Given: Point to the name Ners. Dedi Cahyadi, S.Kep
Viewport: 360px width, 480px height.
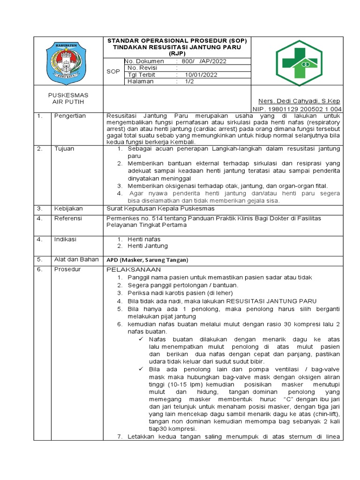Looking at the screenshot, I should click(300, 101).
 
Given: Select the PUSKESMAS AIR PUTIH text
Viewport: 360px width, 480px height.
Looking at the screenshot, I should click(69, 98).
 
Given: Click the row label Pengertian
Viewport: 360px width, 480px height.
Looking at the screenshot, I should click(70, 116).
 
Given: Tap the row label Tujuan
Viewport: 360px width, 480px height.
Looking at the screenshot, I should click(64, 149).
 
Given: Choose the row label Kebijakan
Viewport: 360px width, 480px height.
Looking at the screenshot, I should click(68, 208).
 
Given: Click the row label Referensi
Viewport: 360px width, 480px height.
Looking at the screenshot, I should click(68, 218).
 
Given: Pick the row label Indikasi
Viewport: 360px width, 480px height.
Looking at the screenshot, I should click(65, 239).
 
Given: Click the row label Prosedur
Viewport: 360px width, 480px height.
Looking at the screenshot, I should click(67, 270).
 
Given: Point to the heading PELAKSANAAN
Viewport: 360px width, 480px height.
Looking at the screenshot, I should click(134, 270).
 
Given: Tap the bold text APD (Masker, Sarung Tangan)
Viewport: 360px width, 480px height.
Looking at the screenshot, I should click(147, 260).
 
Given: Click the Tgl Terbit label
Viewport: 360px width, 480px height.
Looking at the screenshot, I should click(141, 75).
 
